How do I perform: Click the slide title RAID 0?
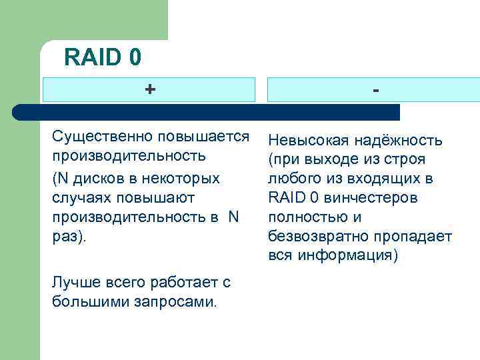pos(103,57)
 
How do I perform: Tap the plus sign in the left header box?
pos(150,89)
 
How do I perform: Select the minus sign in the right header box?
pos(377,89)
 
